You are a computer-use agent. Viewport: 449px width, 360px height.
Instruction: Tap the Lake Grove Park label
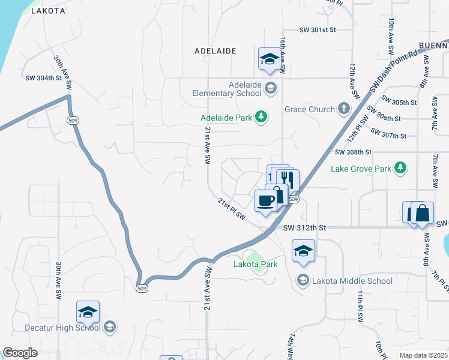[361, 169]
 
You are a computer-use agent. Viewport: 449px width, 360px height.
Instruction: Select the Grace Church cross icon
[343, 109]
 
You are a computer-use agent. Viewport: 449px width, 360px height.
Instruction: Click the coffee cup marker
[265, 201]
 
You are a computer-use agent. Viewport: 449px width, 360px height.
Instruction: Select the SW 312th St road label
[304, 228]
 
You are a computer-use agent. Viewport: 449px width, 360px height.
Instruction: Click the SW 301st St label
[317, 29]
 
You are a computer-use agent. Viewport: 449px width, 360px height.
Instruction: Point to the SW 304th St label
[43, 77]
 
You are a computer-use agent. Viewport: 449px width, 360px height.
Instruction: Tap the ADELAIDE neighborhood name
[215, 52]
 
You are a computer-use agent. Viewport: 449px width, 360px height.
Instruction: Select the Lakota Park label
[255, 264]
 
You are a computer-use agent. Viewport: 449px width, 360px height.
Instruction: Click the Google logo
[20, 353]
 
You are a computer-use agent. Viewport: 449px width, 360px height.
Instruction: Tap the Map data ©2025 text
[423, 355]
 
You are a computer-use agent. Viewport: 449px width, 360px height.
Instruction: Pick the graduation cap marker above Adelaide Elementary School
[270, 58]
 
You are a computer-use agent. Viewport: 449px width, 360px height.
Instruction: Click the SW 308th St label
[354, 153]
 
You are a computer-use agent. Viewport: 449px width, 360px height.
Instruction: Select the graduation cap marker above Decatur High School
[88, 312]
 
